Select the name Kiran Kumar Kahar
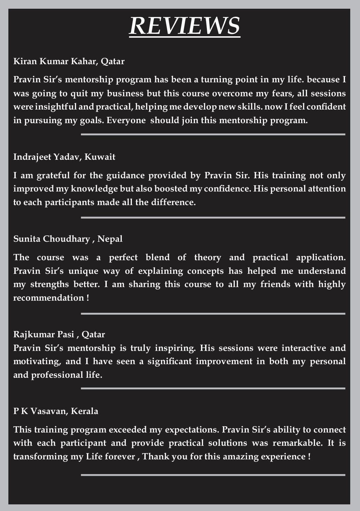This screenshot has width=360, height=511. click(55, 61)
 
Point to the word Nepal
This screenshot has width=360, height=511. click(110, 239)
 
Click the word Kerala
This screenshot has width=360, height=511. click(84, 411)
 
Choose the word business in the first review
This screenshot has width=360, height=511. click(125, 93)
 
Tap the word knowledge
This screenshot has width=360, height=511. click(94, 189)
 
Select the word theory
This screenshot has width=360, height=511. click(208, 257)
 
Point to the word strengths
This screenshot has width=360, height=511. click(50, 285)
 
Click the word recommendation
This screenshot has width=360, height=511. click(48, 298)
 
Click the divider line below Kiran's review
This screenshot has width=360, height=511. click(213, 134)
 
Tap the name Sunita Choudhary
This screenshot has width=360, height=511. click(51, 239)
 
